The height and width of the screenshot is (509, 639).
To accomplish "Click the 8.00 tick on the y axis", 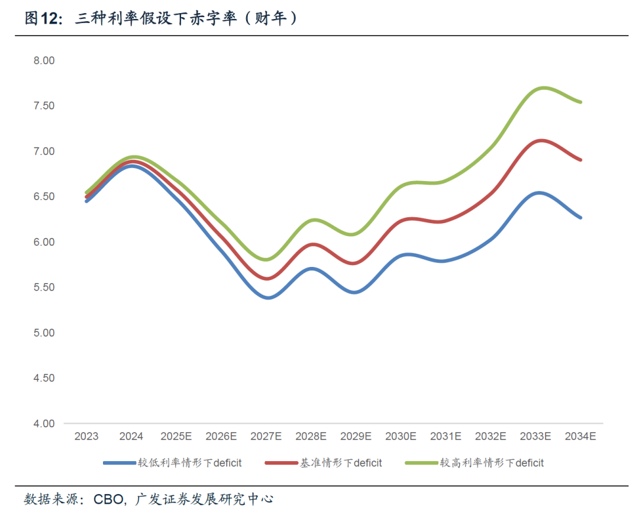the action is click(x=44, y=61).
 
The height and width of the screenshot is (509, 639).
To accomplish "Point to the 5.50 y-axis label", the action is click(x=44, y=287).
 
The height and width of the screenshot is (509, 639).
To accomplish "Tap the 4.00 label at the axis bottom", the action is click(x=44, y=424).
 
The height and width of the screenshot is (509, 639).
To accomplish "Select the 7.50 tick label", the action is click(x=44, y=106).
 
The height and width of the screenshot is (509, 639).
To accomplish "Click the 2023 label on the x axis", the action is click(x=86, y=436).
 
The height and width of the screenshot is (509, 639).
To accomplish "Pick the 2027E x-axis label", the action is click(x=266, y=436).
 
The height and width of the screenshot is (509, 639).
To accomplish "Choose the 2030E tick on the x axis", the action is click(x=401, y=436).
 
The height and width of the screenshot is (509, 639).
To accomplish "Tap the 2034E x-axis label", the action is click(x=580, y=436).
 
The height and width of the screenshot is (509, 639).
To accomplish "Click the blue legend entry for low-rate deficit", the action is click(x=172, y=463).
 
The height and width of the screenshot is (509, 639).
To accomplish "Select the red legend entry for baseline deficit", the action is click(x=324, y=463).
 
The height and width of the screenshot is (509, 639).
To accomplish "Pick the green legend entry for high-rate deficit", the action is click(x=475, y=463).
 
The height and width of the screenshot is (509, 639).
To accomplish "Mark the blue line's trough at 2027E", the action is click(x=268, y=298).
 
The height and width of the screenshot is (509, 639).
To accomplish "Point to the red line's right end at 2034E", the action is click(x=580, y=160).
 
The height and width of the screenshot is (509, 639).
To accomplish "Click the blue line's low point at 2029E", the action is click(x=354, y=292).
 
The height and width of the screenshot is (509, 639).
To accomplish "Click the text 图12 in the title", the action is click(x=43, y=18).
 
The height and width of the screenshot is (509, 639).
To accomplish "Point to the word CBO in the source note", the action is click(x=108, y=499).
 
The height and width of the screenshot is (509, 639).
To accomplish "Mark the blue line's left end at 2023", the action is click(x=86, y=201).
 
